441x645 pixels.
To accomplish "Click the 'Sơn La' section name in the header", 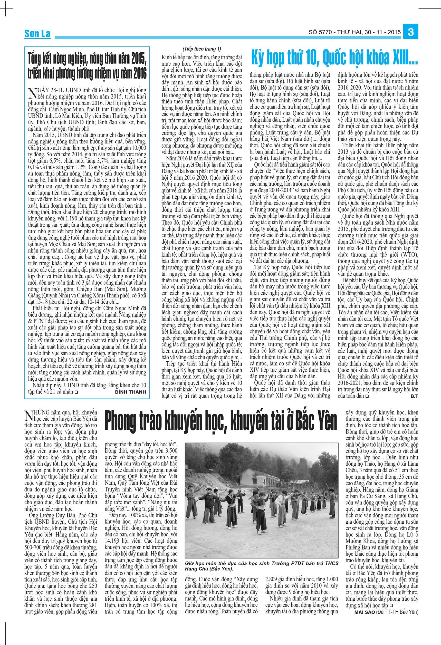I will pos(37,34).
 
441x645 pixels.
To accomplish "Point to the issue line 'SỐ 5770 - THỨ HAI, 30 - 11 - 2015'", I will pos(355,32).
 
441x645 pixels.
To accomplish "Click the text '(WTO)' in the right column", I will pos(406,255).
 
